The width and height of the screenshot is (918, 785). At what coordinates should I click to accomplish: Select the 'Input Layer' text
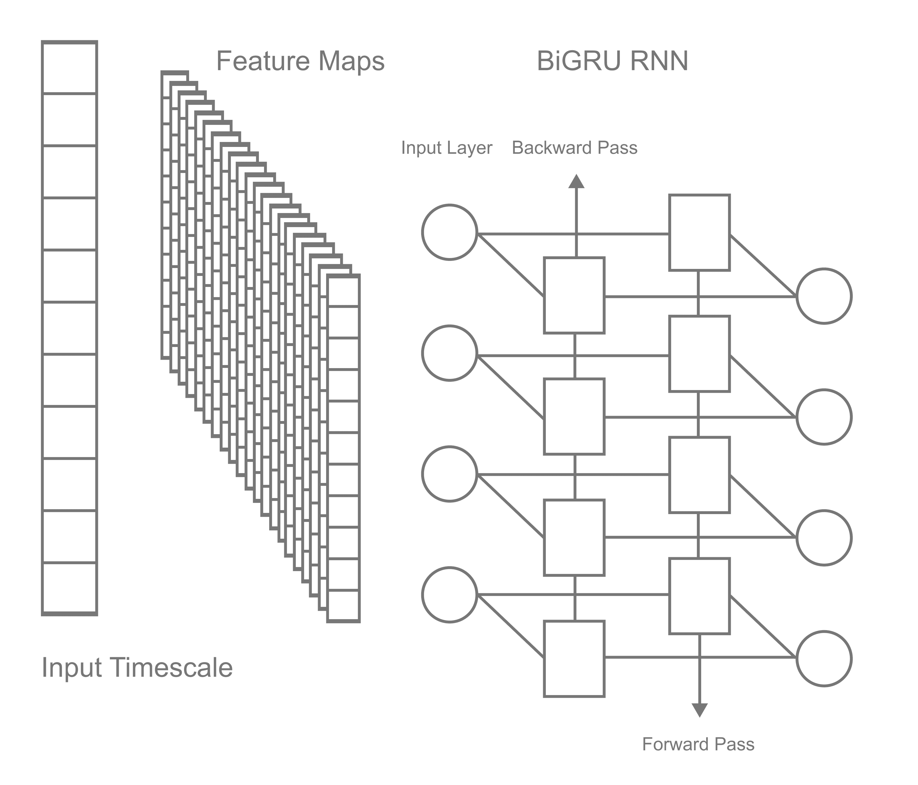click(446, 148)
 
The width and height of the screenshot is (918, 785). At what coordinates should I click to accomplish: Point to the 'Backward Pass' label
click(575, 148)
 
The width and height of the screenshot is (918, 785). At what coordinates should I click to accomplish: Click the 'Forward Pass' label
click(698, 744)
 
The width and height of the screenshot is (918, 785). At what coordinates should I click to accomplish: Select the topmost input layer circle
click(449, 232)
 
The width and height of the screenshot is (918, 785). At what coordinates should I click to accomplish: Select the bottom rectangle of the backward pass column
click(574, 659)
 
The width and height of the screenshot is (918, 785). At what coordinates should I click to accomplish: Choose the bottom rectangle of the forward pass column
click(699, 596)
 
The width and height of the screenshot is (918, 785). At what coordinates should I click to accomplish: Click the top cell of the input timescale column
click(70, 68)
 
